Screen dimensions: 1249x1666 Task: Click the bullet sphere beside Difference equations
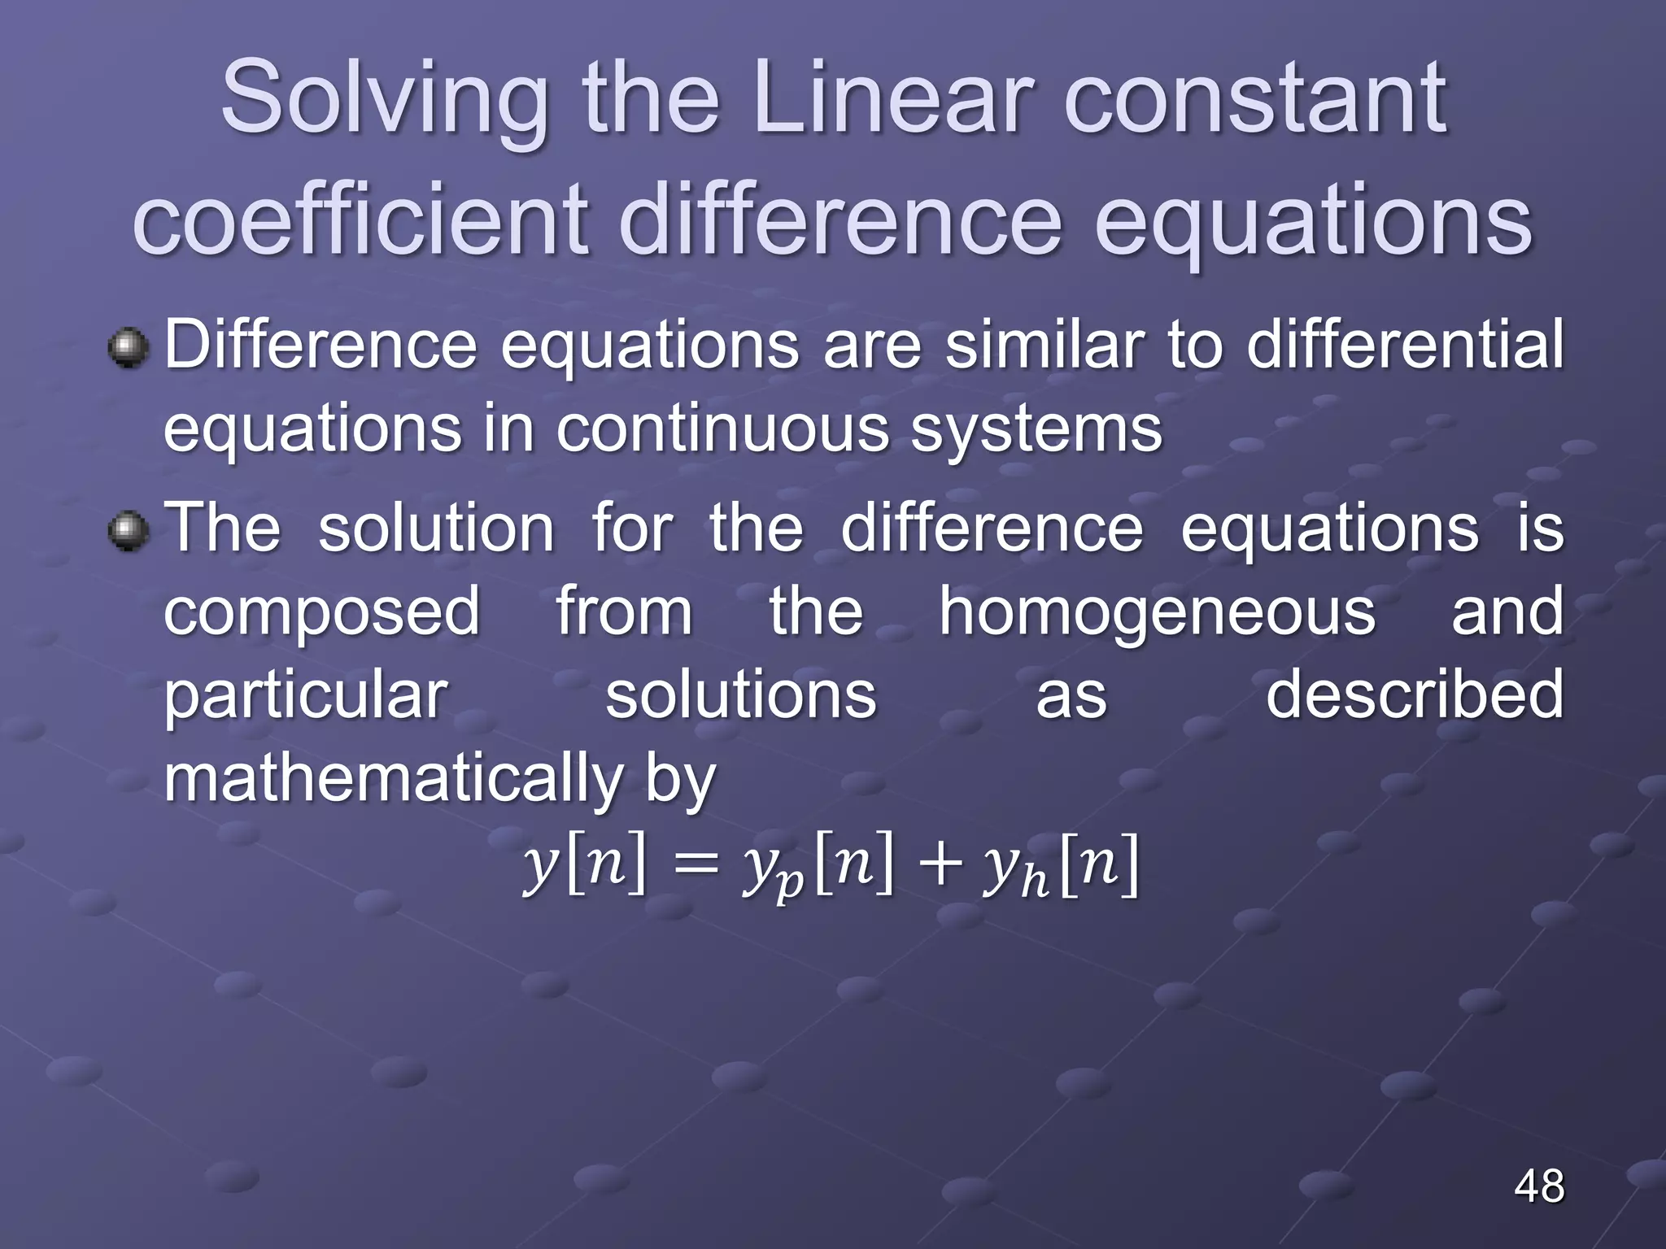(x=129, y=348)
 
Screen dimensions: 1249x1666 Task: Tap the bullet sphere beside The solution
(x=129, y=531)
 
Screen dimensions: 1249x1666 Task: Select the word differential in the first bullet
(x=1405, y=345)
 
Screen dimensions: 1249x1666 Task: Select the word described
(x=1415, y=695)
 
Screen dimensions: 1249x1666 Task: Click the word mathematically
(x=393, y=780)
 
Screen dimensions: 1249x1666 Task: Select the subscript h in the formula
(x=1034, y=881)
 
